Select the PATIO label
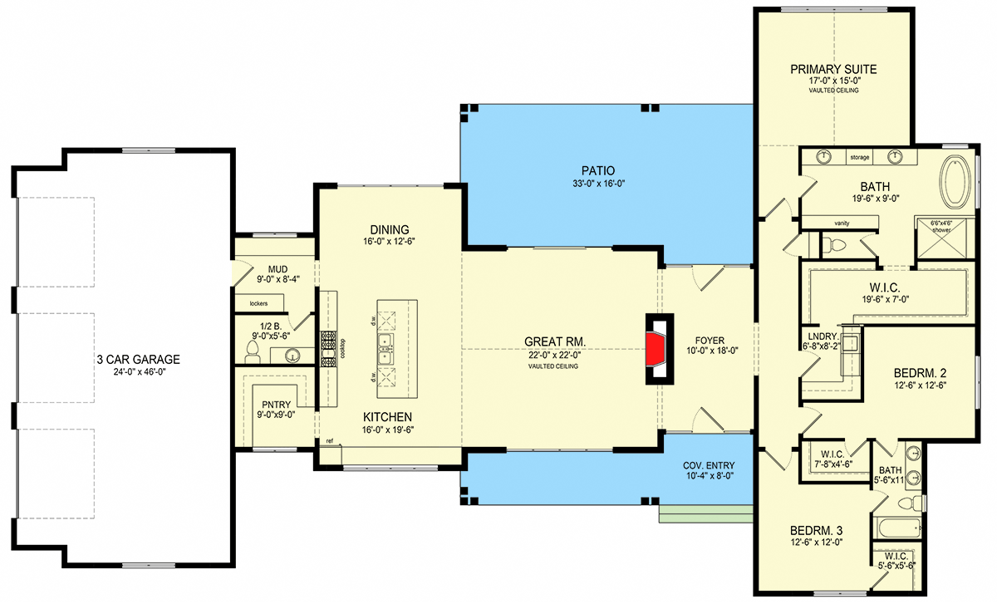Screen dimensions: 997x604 tap(598, 170)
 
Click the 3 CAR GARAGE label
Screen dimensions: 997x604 tap(139, 359)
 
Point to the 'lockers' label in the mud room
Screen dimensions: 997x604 tap(258, 303)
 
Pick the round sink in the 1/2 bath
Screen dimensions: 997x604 tap(292, 356)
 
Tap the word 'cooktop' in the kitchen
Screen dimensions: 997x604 tap(342, 349)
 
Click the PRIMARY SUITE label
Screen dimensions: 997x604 tap(833, 70)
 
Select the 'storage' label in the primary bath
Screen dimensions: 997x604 tap(859, 157)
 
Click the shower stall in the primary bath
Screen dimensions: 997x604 tap(942, 238)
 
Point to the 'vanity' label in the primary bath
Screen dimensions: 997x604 tap(842, 223)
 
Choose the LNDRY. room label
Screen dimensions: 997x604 tap(823, 337)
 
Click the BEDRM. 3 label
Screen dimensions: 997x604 tap(816, 531)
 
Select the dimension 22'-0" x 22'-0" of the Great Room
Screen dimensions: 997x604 tap(554, 355)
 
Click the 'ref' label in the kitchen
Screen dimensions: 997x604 tap(330, 441)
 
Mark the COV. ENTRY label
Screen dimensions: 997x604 tap(709, 465)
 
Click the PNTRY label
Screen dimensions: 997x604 tap(276, 405)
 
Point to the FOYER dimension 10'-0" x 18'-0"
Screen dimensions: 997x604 tap(712, 351)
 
